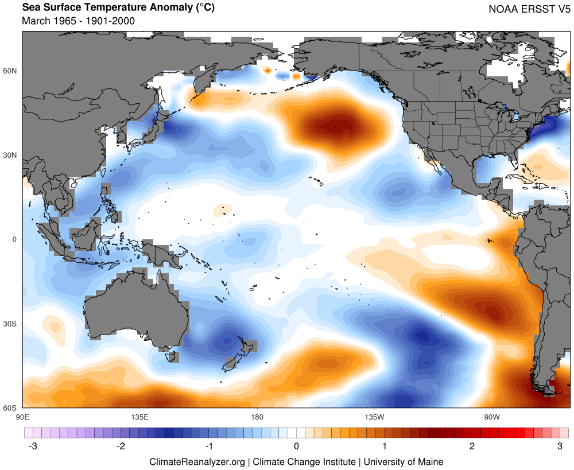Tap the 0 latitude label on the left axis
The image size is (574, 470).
pyautogui.click(x=15, y=239)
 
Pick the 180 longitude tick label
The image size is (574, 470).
pyautogui.click(x=257, y=416)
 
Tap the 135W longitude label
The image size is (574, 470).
pyautogui.click(x=373, y=416)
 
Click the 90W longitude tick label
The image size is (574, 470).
pyautogui.click(x=491, y=416)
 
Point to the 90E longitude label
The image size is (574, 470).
pyautogui.click(x=23, y=416)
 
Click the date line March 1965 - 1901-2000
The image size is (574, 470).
pyautogui.click(x=78, y=21)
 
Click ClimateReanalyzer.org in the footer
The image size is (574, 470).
pyautogui.click(x=197, y=461)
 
